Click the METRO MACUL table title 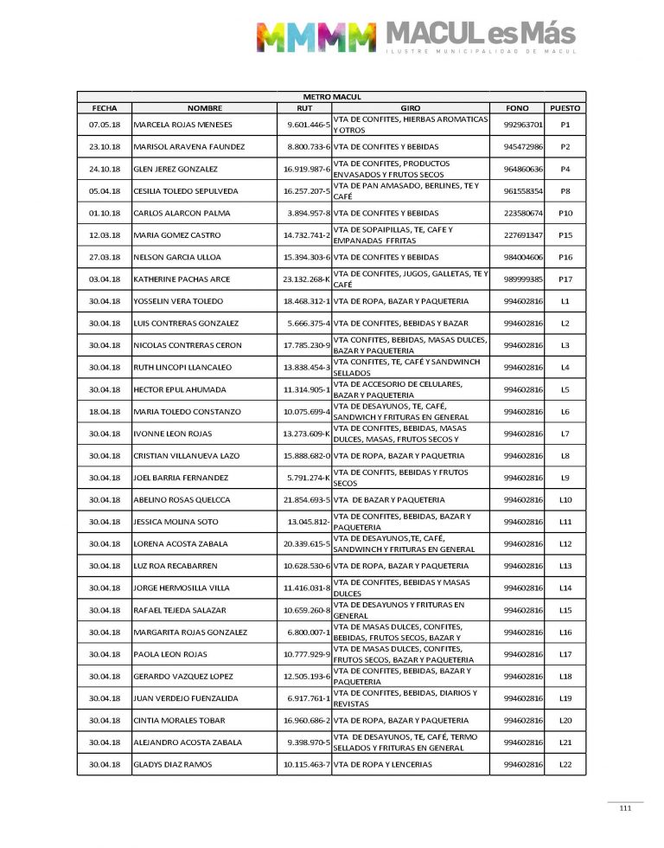(331, 97)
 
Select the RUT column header (303, 108)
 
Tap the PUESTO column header (565, 108)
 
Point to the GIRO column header (411, 108)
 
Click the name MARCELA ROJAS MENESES (183, 125)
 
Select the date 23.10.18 (104, 147)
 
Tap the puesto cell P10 (565, 213)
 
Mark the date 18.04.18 (104, 412)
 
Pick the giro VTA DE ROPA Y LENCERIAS (383, 765)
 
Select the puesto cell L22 (565, 765)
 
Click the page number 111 (625, 809)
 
